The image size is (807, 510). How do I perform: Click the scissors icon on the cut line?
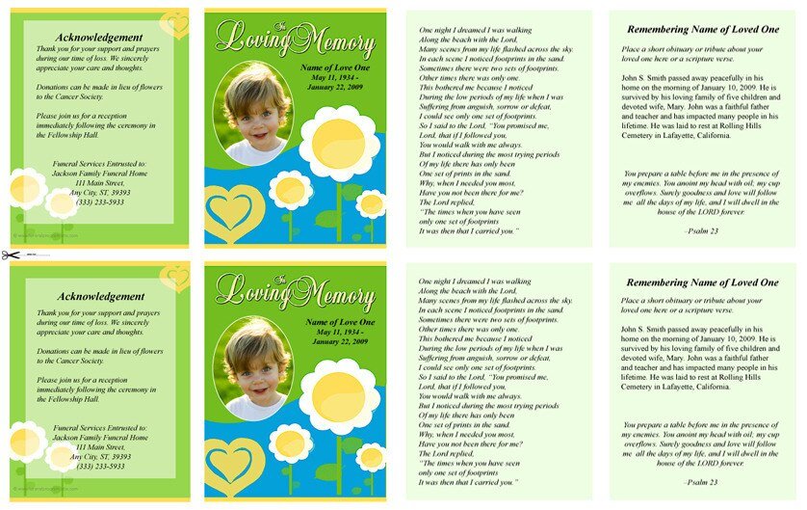(x=11, y=255)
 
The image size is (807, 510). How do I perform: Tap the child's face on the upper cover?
(x=255, y=115)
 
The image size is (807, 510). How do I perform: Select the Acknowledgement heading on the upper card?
(x=99, y=38)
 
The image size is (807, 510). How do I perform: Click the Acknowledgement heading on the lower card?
(x=99, y=296)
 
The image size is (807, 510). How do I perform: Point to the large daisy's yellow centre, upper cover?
(x=339, y=143)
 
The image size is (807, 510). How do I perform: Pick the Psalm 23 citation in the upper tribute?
(x=700, y=231)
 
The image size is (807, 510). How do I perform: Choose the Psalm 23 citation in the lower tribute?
(x=700, y=481)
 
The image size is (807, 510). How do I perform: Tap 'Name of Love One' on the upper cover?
(x=334, y=67)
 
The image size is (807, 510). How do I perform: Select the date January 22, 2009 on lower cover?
(x=334, y=341)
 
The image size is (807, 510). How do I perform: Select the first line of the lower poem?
(x=476, y=282)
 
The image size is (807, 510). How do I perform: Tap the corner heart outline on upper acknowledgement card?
(x=174, y=23)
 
